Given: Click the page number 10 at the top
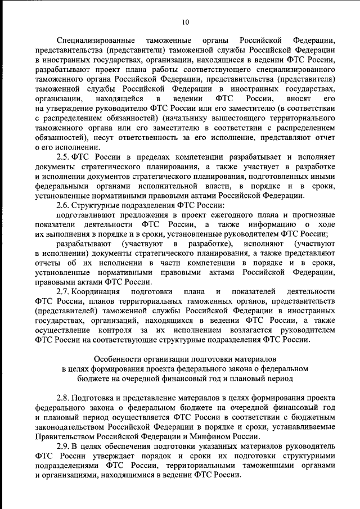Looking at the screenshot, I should click(x=185, y=22).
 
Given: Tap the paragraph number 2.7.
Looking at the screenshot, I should click(x=64, y=292).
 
